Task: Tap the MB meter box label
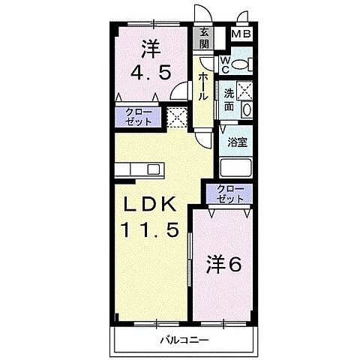point(241,34)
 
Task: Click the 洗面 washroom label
point(229,99)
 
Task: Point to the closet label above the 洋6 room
point(229,193)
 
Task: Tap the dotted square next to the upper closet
point(177,117)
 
